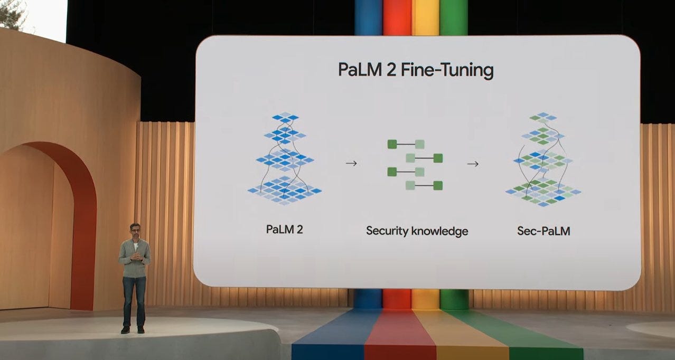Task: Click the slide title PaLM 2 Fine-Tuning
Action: click(x=416, y=70)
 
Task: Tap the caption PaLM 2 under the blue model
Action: click(x=285, y=230)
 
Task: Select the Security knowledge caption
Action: click(x=417, y=231)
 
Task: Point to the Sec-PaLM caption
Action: click(x=543, y=230)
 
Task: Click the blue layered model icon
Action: click(x=285, y=158)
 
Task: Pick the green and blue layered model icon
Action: click(x=543, y=159)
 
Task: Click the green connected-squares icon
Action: click(x=415, y=164)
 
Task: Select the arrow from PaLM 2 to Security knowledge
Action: click(x=351, y=164)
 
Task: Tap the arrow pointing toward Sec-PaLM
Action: click(x=473, y=164)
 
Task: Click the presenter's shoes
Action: click(x=133, y=329)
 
